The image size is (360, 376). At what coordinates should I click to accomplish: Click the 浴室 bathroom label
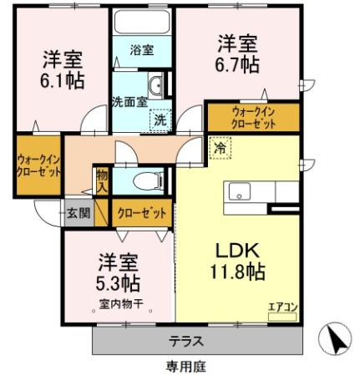141,51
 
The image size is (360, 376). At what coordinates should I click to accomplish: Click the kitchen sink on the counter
240,192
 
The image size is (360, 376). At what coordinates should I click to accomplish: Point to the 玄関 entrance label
80,213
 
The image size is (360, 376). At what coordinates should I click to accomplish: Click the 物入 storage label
102,180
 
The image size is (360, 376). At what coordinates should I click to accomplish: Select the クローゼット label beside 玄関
144,213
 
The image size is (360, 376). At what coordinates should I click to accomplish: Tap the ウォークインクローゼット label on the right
253,114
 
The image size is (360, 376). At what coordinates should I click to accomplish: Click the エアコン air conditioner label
282,307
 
